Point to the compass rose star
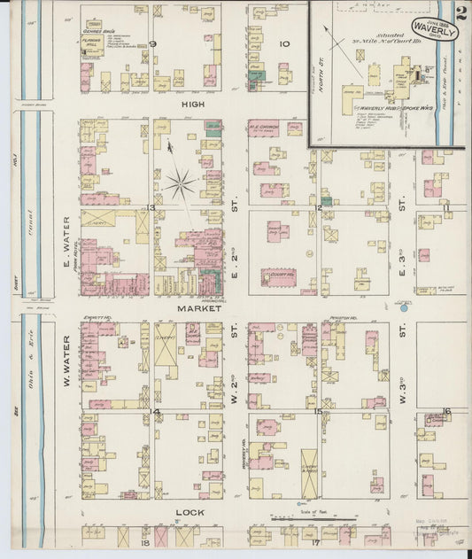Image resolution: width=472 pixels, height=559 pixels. (x=180, y=184)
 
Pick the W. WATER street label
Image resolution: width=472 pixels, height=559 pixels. (x=66, y=354)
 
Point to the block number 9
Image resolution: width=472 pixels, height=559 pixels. (x=152, y=43)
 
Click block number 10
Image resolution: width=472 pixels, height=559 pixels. (x=284, y=43)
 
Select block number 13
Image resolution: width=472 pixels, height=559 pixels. (x=151, y=207)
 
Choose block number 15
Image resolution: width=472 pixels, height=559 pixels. (x=317, y=411)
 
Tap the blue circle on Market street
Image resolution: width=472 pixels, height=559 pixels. (x=404, y=309)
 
